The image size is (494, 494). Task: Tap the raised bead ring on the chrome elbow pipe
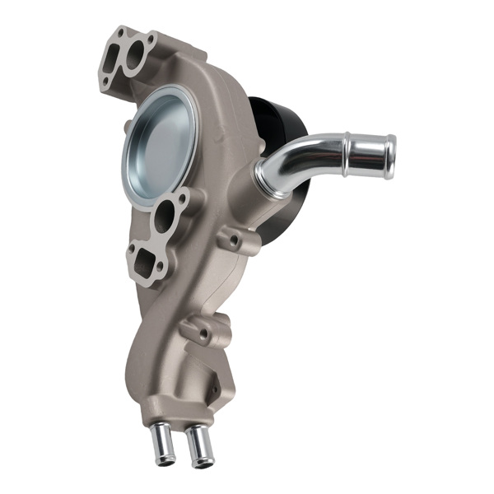pyautogui.click(x=347, y=152)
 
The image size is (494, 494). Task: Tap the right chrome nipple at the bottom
pyautogui.click(x=198, y=445)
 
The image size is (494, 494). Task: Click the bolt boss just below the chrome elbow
pyautogui.click(x=234, y=240)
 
